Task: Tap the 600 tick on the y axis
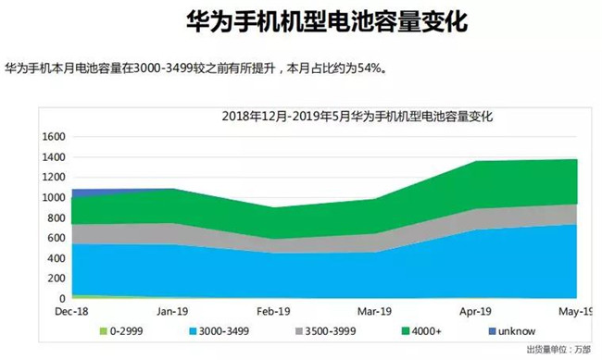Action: tap(55, 238)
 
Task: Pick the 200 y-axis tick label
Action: tap(55, 279)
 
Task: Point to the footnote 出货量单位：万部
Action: tap(558, 350)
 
